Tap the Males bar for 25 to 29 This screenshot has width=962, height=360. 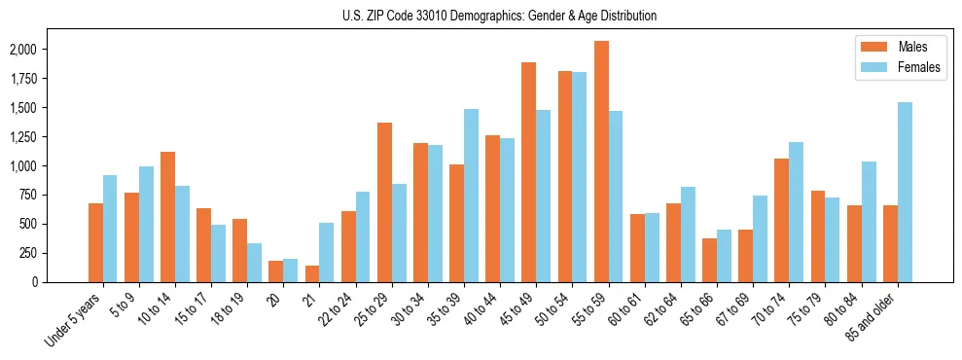pos(384,202)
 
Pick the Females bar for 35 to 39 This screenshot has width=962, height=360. pos(471,196)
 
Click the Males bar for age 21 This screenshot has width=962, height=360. pos(312,274)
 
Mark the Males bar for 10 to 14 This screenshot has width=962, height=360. pos(167,217)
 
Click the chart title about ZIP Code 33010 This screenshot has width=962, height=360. pos(499,16)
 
